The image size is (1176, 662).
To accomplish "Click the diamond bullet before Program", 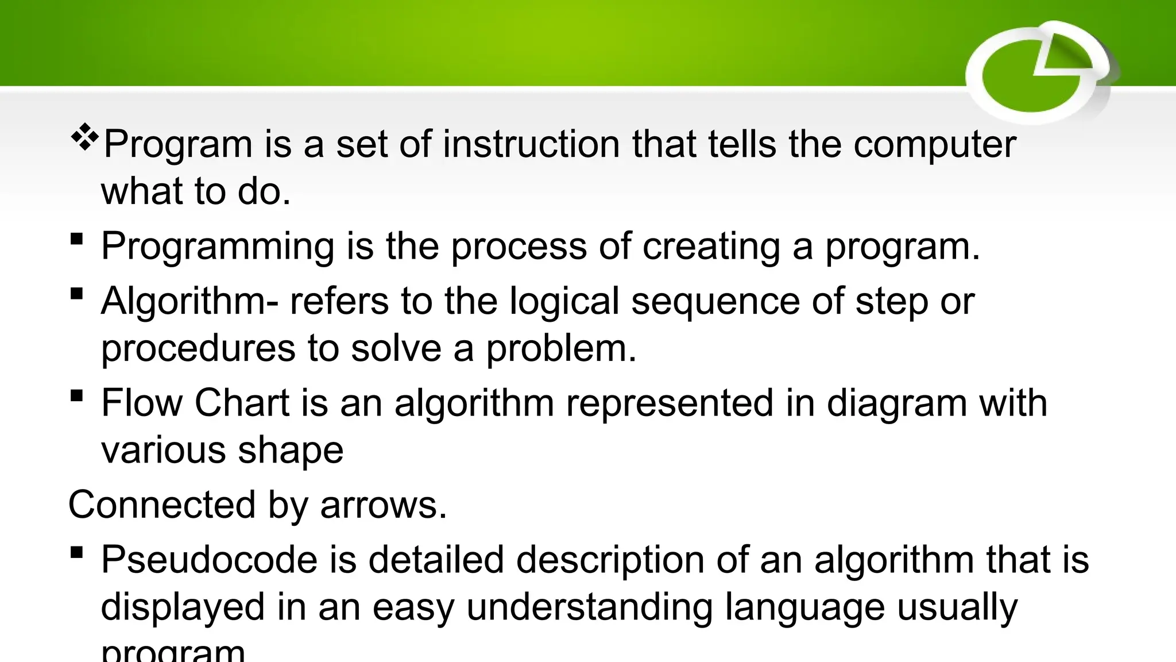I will [x=84, y=138].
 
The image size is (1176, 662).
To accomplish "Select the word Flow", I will [x=141, y=403].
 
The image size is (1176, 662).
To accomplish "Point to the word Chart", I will [x=242, y=403].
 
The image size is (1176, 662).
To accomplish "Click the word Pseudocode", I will [x=209, y=560].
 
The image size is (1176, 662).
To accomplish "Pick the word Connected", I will [x=161, y=505].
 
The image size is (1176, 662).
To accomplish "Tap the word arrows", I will [x=383, y=505].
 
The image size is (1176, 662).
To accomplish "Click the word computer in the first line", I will [x=934, y=145].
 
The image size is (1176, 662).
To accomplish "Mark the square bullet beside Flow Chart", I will [x=76, y=395].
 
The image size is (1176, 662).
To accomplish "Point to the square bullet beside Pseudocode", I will [x=76, y=553].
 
